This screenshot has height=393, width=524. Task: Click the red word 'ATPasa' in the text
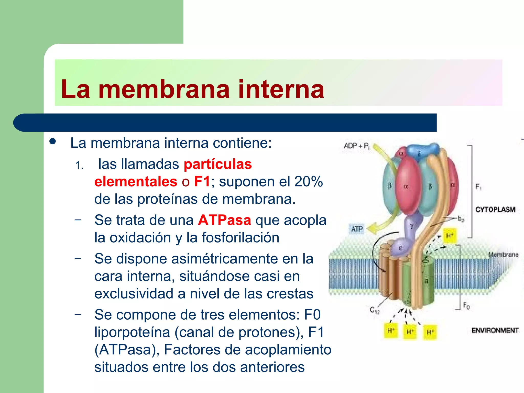point(224,220)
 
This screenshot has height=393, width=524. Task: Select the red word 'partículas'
point(218,164)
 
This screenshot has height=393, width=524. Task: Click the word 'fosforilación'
point(241,237)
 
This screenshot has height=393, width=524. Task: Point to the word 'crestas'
point(290,293)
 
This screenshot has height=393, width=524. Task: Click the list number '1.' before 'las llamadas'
point(79,166)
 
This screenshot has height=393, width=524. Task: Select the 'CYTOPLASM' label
point(495,210)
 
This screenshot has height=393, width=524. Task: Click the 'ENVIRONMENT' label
point(495,330)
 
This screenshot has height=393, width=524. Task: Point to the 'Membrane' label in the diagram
point(503,255)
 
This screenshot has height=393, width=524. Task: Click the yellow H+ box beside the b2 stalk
point(450,236)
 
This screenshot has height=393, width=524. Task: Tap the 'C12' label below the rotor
point(375,310)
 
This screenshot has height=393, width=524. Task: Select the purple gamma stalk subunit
point(412,225)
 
